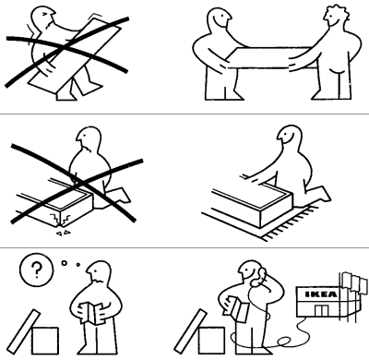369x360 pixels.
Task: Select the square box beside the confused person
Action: tap(49, 341)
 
